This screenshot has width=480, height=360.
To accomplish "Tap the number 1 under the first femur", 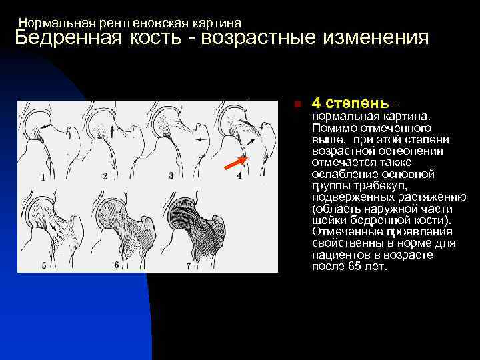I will click(x=43, y=177).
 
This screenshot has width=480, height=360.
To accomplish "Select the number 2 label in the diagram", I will click(x=105, y=175).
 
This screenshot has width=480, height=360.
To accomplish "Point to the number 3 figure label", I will click(x=171, y=175).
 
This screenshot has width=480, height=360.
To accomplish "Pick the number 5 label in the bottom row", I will click(x=43, y=265).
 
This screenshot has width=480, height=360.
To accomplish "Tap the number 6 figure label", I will click(x=116, y=265).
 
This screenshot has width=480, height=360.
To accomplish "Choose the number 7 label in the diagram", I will click(x=189, y=265).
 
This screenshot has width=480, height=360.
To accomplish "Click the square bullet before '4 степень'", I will click(x=298, y=105).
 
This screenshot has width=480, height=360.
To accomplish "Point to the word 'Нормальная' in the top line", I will click(x=53, y=23).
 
